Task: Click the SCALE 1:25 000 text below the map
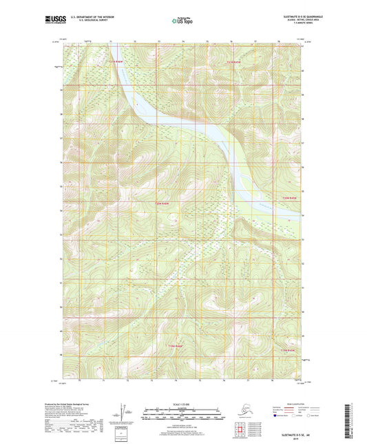click(182, 403)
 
